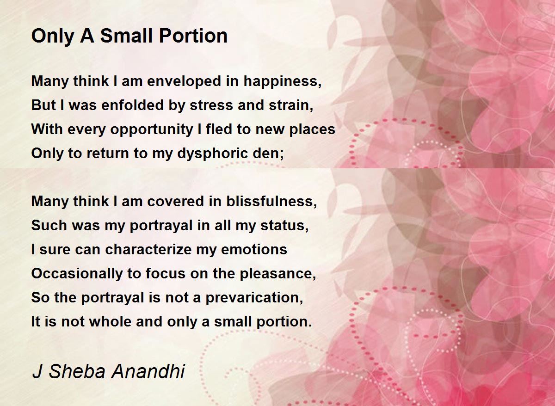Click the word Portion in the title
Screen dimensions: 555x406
[x=193, y=36]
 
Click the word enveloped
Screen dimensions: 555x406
[x=184, y=81]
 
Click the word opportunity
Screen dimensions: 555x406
[x=152, y=129]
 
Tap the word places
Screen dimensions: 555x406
[x=312, y=129]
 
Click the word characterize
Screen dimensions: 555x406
[x=148, y=249]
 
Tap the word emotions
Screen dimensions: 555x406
[x=254, y=249]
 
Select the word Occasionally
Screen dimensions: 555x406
[x=77, y=274]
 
